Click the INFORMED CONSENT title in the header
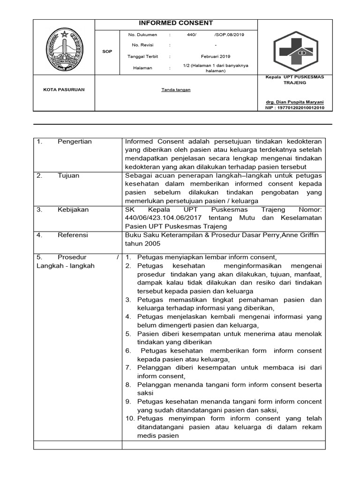click(176, 23)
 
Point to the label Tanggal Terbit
click(143, 56)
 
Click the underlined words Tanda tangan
click(176, 90)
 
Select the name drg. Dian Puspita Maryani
click(294, 102)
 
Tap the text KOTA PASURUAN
click(64, 90)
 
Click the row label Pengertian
click(75, 142)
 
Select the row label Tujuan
click(68, 175)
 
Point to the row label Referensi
click(73, 235)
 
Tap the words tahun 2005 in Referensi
click(142, 244)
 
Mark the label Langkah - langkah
click(65, 266)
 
